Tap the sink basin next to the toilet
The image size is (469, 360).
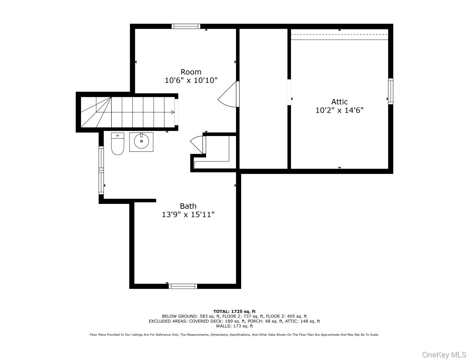[141, 141]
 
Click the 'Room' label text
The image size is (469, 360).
[191, 72]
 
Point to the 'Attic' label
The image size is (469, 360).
[339, 102]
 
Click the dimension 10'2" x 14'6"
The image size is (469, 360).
[339, 110]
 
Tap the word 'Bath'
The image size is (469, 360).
[188, 206]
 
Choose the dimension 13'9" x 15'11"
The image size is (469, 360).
[188, 214]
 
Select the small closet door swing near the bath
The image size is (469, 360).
[197, 144]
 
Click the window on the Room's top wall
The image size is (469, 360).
[186, 26]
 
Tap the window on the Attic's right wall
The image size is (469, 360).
[391, 91]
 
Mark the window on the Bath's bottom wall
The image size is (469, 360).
[184, 286]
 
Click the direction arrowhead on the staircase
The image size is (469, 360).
[173, 112]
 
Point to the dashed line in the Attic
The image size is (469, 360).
[339, 34]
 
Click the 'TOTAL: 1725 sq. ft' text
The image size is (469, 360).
[234, 311]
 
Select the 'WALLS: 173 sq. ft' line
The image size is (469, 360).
[234, 326]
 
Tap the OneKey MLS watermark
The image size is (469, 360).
[444, 355]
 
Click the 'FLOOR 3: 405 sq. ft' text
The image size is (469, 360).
[286, 316]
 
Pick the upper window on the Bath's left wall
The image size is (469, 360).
[101, 158]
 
